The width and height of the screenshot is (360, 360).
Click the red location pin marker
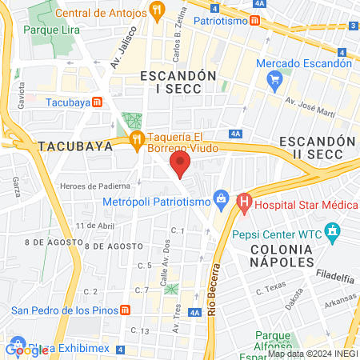tap(180, 166)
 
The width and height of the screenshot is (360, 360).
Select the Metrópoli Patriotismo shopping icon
tap(220, 198)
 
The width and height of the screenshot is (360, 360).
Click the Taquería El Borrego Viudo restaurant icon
tap(138, 140)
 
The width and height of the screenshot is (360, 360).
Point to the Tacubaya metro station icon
tap(98, 102)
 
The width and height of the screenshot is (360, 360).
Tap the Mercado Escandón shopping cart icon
tap(275, 78)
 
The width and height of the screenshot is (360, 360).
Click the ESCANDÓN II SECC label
tap(317, 147)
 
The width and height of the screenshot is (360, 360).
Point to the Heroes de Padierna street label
tap(90, 186)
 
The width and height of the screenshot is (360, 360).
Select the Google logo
tap(26, 350)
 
